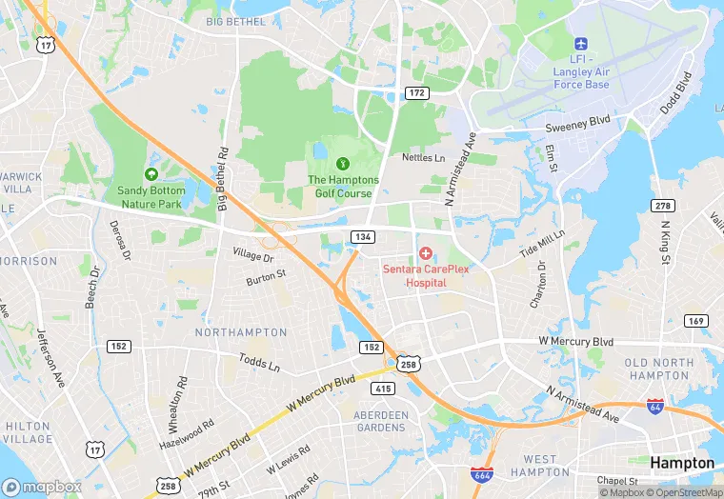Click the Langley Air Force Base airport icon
(x=581, y=45)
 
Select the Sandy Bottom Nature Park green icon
(x=151, y=174)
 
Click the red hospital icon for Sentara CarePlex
(x=425, y=253)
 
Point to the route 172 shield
(x=415, y=92)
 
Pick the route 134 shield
(x=362, y=236)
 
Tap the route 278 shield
(x=663, y=206)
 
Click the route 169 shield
(x=696, y=321)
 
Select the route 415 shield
(x=383, y=388)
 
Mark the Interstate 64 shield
(x=655, y=406)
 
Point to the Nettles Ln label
(x=423, y=157)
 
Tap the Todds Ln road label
(x=259, y=364)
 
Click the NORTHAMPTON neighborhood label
(x=240, y=332)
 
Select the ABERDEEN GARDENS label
(x=381, y=421)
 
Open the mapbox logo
(x=42, y=487)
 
